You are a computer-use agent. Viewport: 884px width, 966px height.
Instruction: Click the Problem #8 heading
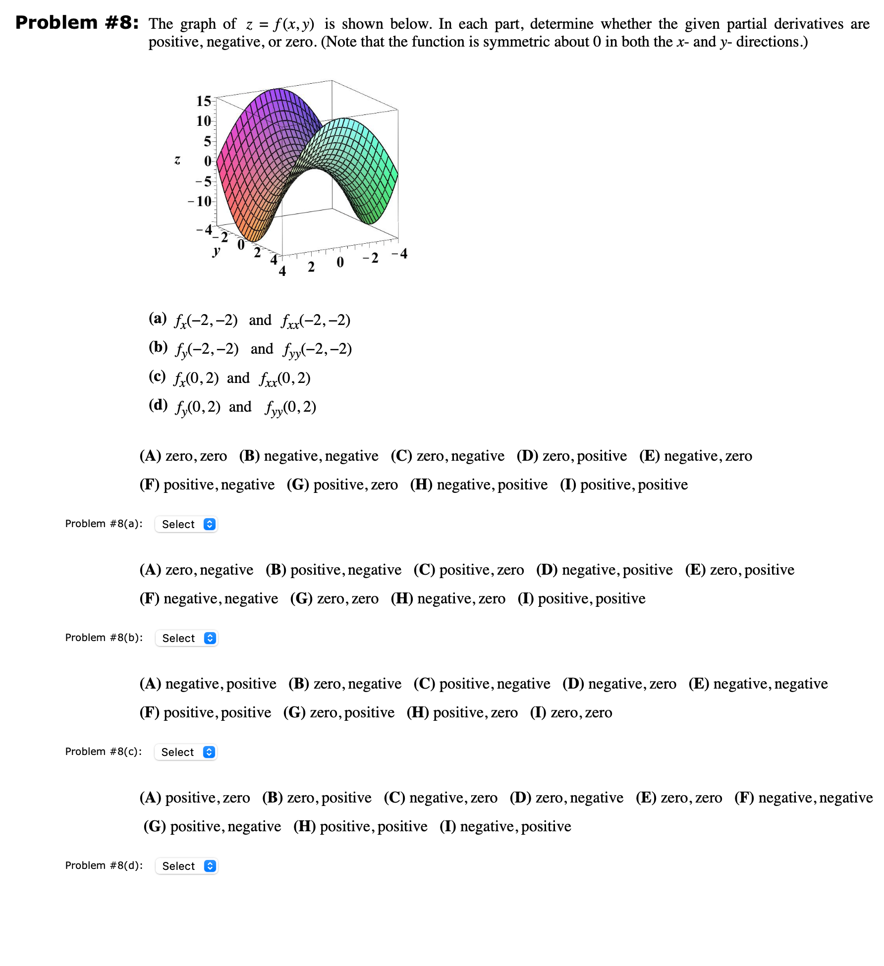(77, 23)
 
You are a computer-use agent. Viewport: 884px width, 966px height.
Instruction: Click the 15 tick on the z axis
(203, 101)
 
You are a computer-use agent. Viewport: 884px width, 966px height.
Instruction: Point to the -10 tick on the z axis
(200, 202)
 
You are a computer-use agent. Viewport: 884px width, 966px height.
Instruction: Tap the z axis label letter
(177, 160)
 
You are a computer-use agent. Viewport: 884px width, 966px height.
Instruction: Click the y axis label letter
(216, 251)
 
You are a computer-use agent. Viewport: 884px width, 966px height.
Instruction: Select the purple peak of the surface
(280, 92)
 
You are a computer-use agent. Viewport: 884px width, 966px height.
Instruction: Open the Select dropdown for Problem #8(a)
(186, 524)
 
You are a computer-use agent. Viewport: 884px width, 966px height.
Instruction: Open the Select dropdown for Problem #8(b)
(186, 638)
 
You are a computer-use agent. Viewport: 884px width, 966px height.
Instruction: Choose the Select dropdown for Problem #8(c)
(186, 752)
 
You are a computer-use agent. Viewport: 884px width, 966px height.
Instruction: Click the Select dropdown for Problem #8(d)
(186, 866)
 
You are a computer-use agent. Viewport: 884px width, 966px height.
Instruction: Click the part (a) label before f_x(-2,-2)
(158, 319)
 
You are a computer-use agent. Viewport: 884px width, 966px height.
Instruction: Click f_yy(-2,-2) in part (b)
(317, 350)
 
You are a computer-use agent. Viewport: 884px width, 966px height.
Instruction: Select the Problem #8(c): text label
(104, 751)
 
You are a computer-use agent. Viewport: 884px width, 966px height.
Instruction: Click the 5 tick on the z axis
(207, 142)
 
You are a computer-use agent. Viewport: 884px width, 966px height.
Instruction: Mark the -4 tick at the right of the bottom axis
(399, 254)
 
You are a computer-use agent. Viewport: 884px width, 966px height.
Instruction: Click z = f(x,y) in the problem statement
(280, 24)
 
